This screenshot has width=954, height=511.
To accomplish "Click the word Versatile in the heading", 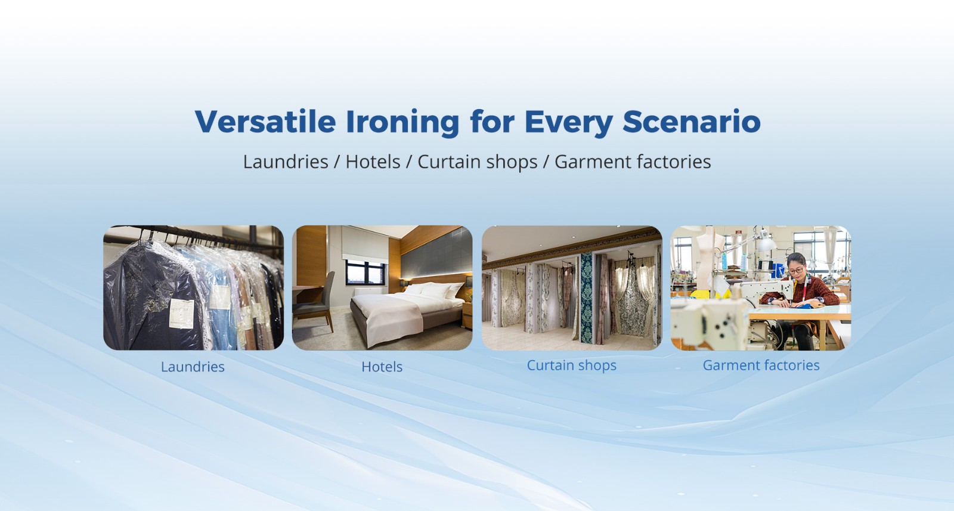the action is point(265,122).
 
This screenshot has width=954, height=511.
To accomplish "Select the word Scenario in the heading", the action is point(691,122).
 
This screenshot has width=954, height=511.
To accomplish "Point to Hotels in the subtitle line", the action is point(373,162).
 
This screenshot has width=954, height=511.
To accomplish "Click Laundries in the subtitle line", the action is point(286,162).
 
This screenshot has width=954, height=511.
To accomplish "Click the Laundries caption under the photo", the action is point(193,367).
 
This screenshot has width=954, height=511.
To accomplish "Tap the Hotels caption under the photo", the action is point(382,367).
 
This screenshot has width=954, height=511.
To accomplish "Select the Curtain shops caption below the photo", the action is point(572,366).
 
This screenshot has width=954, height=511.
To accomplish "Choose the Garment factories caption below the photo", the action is point(761,366).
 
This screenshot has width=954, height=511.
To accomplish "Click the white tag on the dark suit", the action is point(181,314).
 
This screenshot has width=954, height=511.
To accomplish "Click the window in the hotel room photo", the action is point(366,272).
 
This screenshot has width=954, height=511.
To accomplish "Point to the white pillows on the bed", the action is point(435,290).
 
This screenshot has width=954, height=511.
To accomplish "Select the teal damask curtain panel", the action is point(587,298).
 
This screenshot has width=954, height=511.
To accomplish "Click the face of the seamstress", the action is point(795,270).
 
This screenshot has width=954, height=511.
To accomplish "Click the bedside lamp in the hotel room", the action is point(469,281).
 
